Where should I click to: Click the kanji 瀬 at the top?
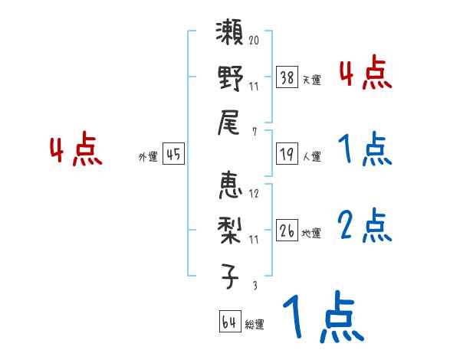(230, 37)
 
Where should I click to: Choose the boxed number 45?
(172, 153)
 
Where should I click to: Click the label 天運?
(311, 80)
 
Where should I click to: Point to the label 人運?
(311, 156)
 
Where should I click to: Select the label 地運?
(311, 232)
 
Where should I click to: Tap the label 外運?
(148, 156)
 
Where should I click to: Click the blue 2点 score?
(365, 226)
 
